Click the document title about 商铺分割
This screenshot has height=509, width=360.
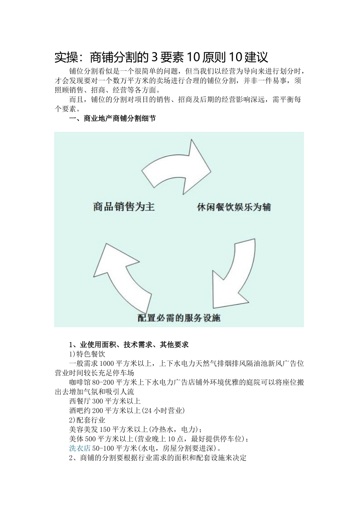(161, 57)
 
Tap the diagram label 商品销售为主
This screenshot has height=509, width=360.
(124, 207)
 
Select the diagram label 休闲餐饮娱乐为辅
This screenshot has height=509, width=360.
(234, 207)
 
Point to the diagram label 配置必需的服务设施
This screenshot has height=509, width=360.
(179, 318)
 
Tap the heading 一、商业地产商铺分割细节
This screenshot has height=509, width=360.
(112, 119)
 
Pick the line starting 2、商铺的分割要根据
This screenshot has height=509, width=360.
(158, 457)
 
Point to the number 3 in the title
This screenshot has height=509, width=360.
(154, 57)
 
